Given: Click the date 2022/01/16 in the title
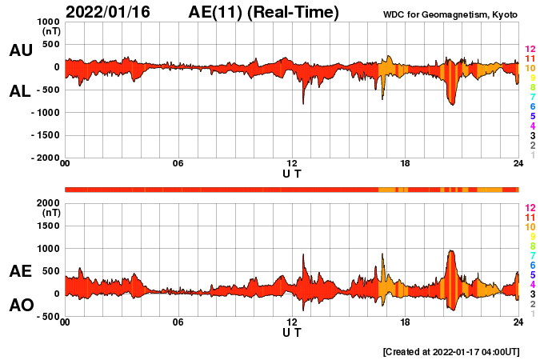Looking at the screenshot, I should [114, 12].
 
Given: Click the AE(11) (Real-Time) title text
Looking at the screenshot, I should [263, 12].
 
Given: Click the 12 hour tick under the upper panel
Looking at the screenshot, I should [292, 164].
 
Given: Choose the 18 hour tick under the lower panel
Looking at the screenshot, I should [406, 322].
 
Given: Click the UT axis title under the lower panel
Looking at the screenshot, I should [292, 332].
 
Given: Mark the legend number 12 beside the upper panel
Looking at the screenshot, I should [530, 49].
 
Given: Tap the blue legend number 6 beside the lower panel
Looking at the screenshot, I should [530, 265].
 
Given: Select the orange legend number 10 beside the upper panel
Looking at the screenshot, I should [530, 68].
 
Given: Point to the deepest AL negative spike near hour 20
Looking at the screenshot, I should [452, 105].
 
